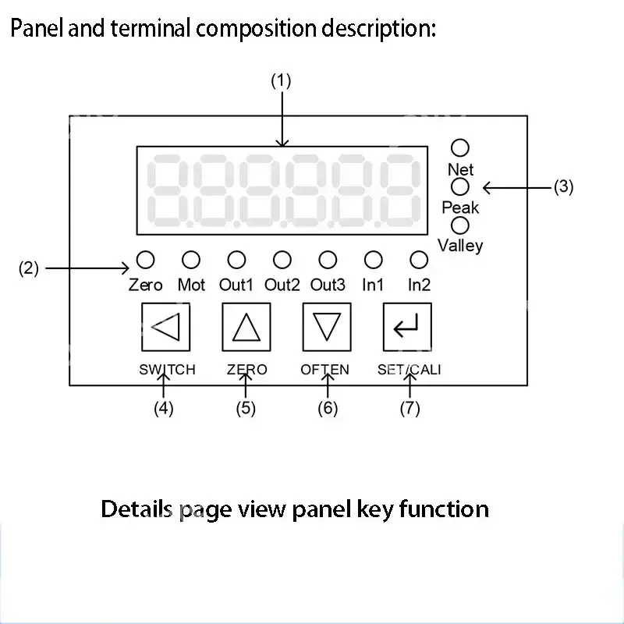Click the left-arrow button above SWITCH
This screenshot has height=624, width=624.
click(x=165, y=327)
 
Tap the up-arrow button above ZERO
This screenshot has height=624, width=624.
click(x=246, y=327)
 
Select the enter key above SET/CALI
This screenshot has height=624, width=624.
click(x=406, y=327)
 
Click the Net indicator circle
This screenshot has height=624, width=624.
click(x=461, y=147)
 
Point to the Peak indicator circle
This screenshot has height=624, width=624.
click(x=461, y=186)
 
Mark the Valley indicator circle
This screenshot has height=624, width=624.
click(x=461, y=225)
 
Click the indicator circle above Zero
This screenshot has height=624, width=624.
click(x=145, y=259)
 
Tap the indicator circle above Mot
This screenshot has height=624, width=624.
click(x=191, y=259)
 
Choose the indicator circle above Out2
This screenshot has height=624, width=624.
click(x=282, y=259)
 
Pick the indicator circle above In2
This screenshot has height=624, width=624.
click(x=420, y=259)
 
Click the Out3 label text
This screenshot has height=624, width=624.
click(x=328, y=285)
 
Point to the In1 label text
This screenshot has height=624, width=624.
click(x=374, y=285)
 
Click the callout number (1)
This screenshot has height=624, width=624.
click(x=281, y=80)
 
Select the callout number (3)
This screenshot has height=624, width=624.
click(x=563, y=187)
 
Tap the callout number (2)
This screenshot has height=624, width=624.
click(x=29, y=269)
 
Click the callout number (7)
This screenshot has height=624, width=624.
click(x=410, y=409)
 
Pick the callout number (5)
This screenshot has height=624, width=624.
click(x=246, y=409)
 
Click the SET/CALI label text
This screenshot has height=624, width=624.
click(x=409, y=370)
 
